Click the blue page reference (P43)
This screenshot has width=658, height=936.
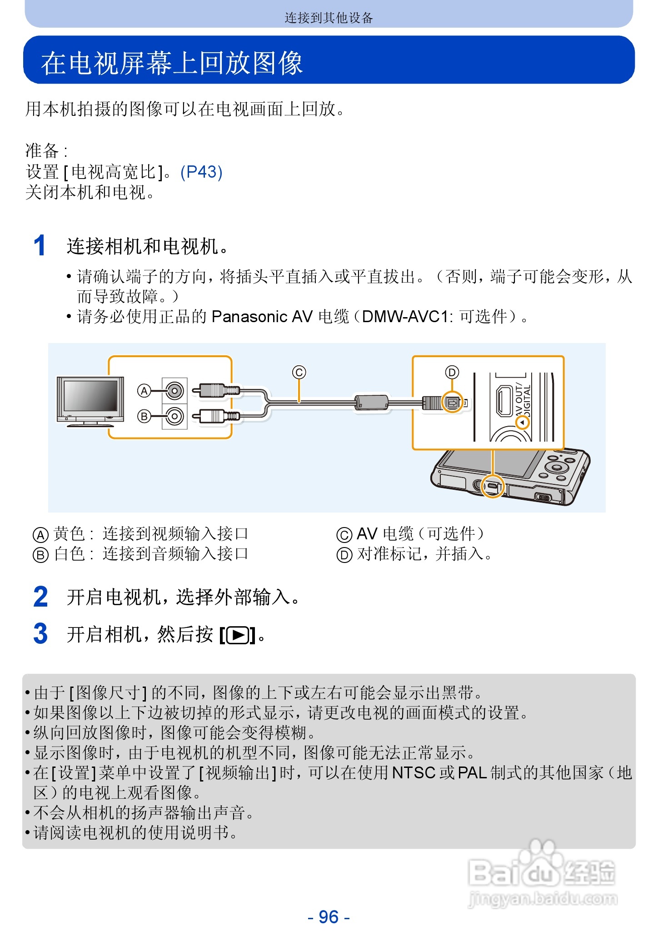coord(201,172)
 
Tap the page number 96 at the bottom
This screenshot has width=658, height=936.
coord(329,917)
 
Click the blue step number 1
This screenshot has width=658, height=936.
coord(40,246)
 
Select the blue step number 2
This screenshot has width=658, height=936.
coord(40,597)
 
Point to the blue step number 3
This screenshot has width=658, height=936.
coord(40,633)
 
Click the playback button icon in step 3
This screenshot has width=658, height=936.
coord(238,635)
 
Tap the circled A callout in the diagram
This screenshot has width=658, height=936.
coord(144,391)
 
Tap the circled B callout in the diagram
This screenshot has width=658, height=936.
coord(144,416)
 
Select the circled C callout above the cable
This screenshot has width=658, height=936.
coord(299,373)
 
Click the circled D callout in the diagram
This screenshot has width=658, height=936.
coord(452,373)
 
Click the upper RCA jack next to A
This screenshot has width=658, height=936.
coord(174,390)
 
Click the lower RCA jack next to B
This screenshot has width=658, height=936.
coord(174,416)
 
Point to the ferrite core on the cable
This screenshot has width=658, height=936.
coord(372,402)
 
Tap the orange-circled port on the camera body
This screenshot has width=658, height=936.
coord(493,486)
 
